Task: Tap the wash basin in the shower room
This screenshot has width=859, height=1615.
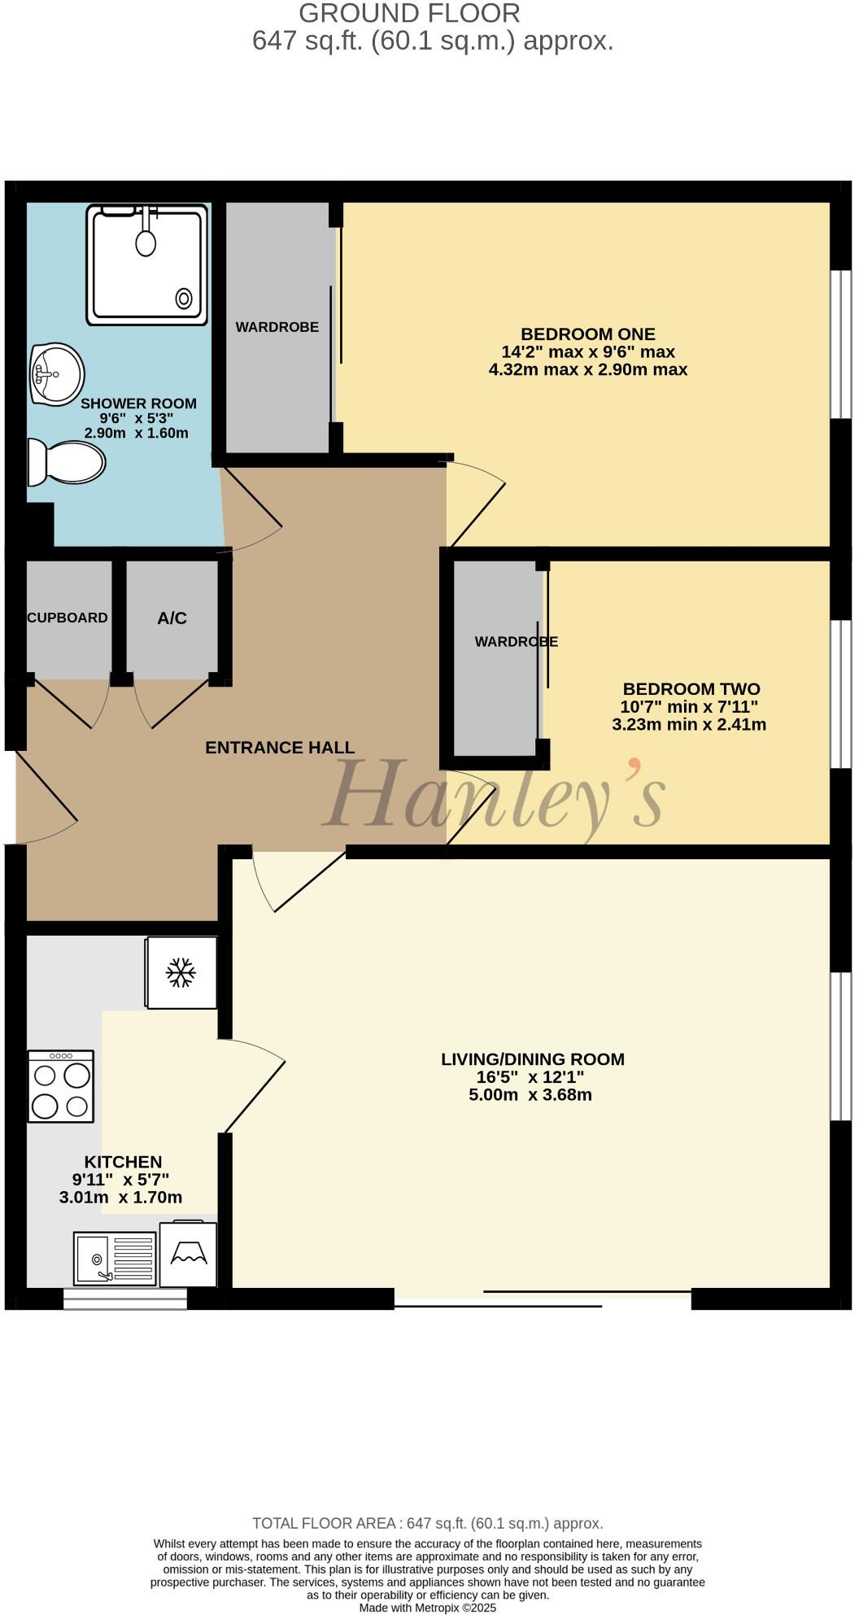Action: [56, 373]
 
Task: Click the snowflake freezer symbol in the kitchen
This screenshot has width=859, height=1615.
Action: [181, 972]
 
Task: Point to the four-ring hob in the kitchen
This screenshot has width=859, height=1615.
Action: [61, 1086]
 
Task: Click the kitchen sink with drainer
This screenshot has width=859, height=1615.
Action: [115, 1258]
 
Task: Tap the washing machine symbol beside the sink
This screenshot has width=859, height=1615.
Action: [189, 1254]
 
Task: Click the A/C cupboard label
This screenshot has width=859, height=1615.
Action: [172, 618]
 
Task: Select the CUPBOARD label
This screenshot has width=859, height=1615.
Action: [68, 618]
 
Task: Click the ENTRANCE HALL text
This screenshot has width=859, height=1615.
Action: [279, 748]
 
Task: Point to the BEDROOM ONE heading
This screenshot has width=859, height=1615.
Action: [587, 334]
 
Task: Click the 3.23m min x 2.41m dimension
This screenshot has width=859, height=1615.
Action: [688, 724]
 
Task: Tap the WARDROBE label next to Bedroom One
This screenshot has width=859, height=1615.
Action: [277, 327]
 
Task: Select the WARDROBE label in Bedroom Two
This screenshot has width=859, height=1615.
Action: [516, 642]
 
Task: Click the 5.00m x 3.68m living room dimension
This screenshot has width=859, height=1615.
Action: [530, 1094]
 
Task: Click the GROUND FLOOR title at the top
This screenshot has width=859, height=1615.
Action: [409, 14]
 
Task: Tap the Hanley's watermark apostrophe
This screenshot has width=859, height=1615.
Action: [634, 766]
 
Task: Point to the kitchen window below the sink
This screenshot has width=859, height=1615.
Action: [125, 1299]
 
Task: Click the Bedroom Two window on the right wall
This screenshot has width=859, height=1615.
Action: [839, 694]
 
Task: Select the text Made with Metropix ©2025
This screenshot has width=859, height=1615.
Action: [427, 1608]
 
